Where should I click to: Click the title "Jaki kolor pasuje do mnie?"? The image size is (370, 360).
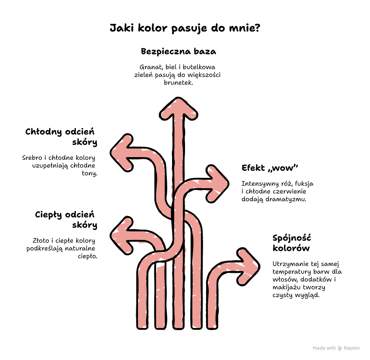pyautogui.click(x=185, y=28)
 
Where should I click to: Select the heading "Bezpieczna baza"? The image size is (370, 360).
pyautogui.click(x=179, y=51)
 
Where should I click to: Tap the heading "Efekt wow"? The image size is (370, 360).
pyautogui.click(x=270, y=168)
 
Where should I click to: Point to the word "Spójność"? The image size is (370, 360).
pyautogui.click(x=292, y=238)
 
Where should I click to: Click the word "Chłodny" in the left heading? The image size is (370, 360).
pyautogui.click(x=44, y=132)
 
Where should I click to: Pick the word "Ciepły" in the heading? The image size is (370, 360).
pyautogui.click(x=48, y=215)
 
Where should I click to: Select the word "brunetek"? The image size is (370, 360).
pyautogui.click(x=179, y=83)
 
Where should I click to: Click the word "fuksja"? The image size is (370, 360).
pyautogui.click(x=304, y=183)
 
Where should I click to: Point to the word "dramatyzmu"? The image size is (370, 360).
pyautogui.click(x=286, y=199)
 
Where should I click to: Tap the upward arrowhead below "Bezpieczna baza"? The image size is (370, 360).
pyautogui.click(x=179, y=108)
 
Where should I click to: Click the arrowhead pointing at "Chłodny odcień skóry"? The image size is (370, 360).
pyautogui.click(x=122, y=153)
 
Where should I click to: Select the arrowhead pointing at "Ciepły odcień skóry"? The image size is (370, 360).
pyautogui.click(x=122, y=236)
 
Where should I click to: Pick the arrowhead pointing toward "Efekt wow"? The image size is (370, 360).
pyautogui.click(x=217, y=183)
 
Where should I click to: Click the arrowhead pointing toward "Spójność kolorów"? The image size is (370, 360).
pyautogui.click(x=248, y=266)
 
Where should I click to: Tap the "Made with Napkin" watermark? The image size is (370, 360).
pyautogui.click(x=336, y=348)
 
